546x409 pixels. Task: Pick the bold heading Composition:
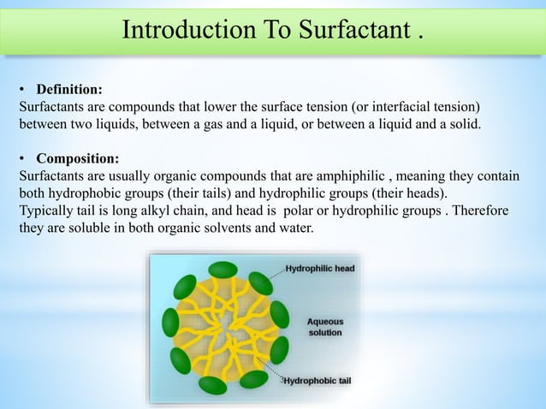77,159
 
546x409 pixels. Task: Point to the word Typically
46,211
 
